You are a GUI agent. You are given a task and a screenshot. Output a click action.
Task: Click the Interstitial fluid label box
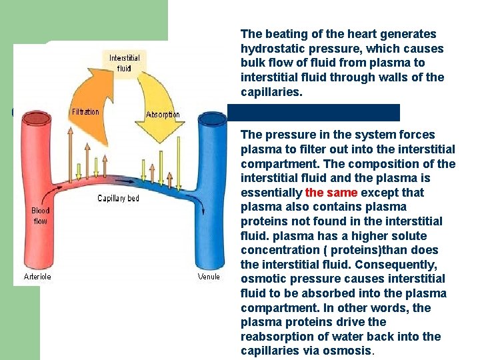[125, 63]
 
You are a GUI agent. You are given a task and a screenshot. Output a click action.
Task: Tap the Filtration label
[85, 112]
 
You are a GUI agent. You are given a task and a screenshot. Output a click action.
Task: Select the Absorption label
[163, 114]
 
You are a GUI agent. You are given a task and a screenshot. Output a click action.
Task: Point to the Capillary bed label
[118, 198]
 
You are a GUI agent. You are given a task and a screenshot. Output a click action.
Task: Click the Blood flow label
[41, 215]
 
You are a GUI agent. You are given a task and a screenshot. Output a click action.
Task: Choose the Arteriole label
[37, 276]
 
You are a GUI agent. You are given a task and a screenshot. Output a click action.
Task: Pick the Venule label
[209, 276]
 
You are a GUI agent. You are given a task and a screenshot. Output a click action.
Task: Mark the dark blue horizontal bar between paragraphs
[313, 112]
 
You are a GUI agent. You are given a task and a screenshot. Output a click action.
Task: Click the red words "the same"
[331, 193]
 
